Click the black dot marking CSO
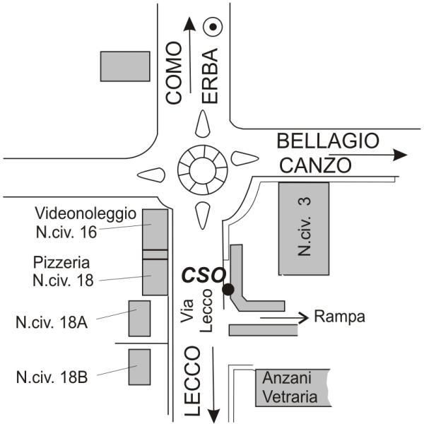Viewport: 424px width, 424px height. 228,289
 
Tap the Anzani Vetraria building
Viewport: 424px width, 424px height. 293,387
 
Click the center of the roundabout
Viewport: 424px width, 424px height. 202,171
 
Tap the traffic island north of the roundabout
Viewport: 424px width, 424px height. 202,126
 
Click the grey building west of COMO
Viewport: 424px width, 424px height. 125,66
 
